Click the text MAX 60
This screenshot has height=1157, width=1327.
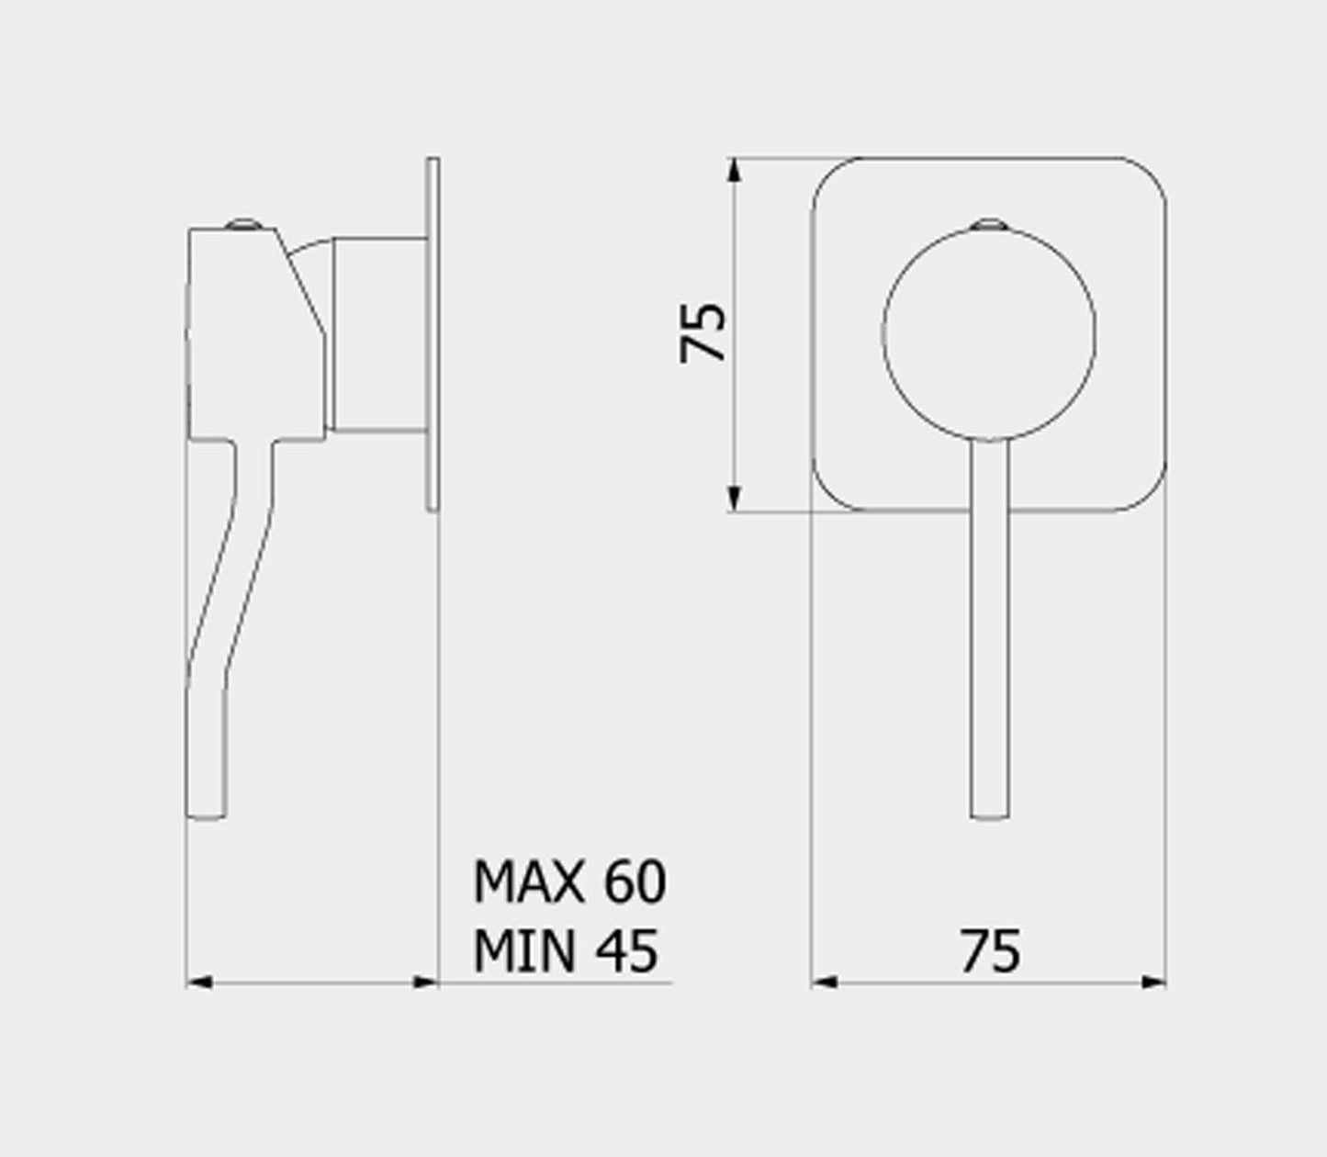[569, 882]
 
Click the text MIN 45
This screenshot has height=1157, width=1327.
[566, 951]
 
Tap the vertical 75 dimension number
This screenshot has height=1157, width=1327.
[702, 332]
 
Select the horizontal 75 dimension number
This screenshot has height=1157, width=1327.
[990, 951]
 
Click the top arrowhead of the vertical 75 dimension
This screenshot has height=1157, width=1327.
[734, 169]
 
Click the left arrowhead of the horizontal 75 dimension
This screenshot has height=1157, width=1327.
[824, 1001]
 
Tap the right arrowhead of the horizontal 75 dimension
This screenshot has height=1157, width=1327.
[1153, 1001]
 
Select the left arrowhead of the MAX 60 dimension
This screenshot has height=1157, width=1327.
[199, 1001]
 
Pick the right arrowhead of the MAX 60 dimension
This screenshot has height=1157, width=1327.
[426, 1001]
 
